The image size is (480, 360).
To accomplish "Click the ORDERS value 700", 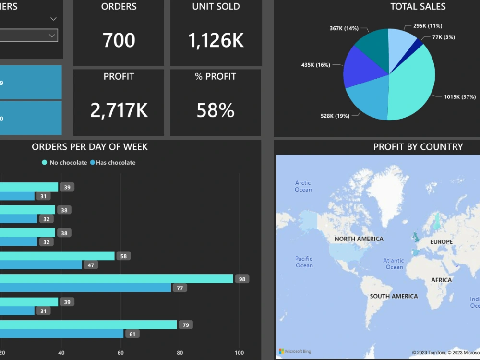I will click(x=119, y=40).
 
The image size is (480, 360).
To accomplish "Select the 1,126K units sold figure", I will click(x=216, y=41).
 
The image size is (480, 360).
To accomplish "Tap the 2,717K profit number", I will click(x=119, y=110).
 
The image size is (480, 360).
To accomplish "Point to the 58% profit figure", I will click(x=216, y=110).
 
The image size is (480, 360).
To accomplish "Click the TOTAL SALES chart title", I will click(x=418, y=7).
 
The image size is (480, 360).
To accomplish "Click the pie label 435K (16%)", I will click(x=316, y=65).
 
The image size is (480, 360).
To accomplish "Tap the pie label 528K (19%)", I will click(x=335, y=116).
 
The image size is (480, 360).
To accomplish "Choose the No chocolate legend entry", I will click(x=65, y=163).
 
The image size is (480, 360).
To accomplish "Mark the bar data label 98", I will click(x=242, y=279).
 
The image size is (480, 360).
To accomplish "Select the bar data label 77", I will click(x=180, y=288).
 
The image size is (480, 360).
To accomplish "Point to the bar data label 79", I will click(x=185, y=325).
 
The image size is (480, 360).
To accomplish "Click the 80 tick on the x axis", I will click(x=180, y=353).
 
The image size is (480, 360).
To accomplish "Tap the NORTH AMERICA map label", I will click(x=359, y=239).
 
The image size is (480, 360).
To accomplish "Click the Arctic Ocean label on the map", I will click(x=303, y=186).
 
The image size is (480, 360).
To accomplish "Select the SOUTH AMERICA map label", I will click(x=394, y=296).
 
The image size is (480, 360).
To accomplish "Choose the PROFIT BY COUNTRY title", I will click(x=418, y=147).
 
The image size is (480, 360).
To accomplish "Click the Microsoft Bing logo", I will click(x=295, y=351).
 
